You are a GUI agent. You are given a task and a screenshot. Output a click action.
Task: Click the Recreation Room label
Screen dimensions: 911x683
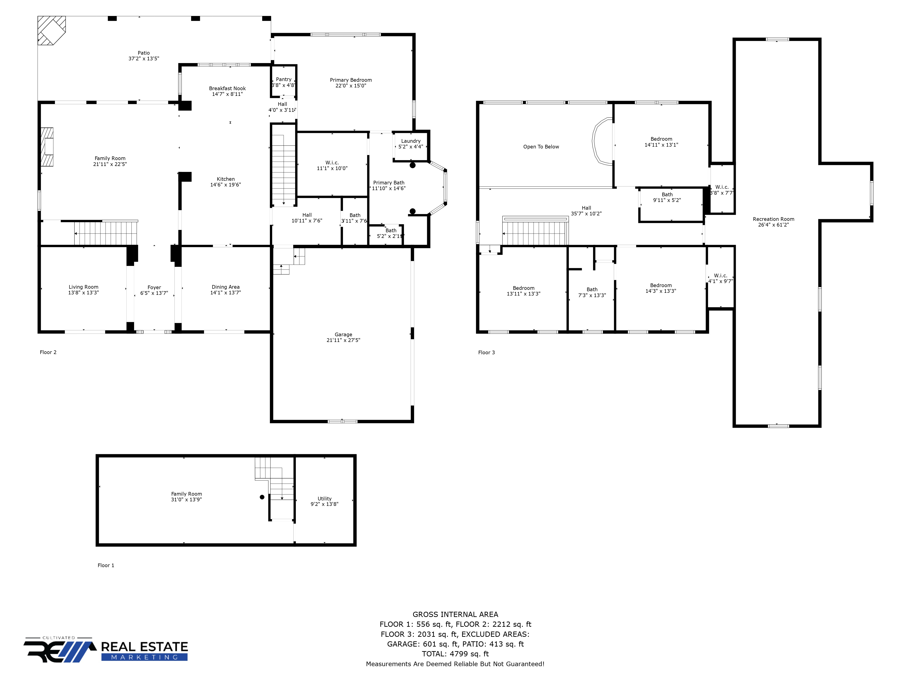pos(773,219)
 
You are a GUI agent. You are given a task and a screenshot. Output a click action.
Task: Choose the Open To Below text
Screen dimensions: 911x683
pos(541,147)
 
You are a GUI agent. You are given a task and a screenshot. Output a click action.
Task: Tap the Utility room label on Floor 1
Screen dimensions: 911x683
pos(325,499)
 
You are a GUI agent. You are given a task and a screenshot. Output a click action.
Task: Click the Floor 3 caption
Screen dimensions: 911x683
pos(486,352)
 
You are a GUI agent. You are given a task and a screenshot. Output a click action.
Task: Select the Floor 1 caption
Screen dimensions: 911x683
pos(106,565)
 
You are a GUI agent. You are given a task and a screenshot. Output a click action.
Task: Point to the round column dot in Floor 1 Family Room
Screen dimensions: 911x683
pos(262,497)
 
